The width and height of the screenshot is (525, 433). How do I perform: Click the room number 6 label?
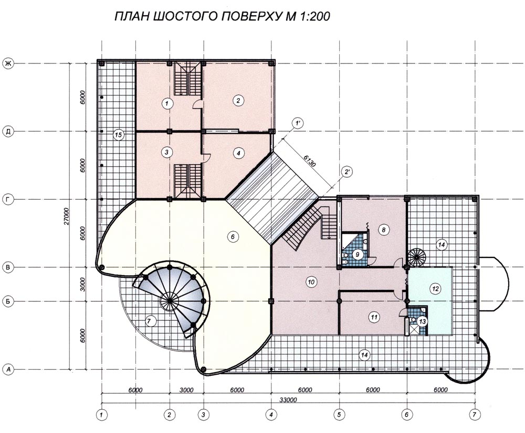point(233,237)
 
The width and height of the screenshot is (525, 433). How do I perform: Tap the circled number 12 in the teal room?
point(435,288)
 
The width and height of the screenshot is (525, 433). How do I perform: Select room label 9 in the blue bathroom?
point(358,255)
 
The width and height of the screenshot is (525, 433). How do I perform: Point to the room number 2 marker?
point(238,100)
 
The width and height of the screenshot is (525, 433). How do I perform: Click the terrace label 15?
point(118,135)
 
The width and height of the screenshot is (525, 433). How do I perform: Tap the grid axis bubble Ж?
point(8,63)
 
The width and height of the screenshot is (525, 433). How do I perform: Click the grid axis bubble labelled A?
point(8,370)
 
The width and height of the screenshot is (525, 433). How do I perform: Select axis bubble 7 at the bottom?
point(475,415)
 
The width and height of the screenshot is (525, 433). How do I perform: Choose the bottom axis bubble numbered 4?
point(271,415)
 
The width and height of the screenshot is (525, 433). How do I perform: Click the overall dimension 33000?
point(288,400)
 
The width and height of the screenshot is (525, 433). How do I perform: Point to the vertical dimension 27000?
point(67,216)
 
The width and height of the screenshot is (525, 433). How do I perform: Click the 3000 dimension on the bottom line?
point(186,390)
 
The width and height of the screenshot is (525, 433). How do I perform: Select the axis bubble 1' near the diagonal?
point(297,123)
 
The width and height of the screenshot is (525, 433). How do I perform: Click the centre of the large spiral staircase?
point(170,301)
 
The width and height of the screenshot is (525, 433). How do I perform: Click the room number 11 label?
point(374,317)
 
